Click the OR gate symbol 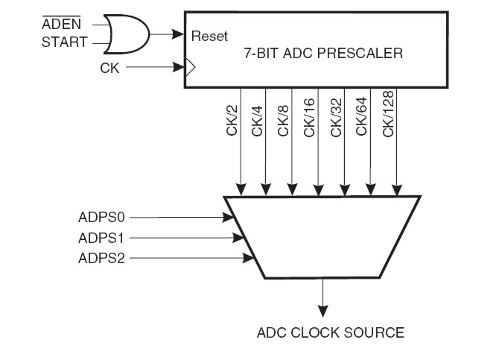click(x=127, y=33)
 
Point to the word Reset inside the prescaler click(x=209, y=35)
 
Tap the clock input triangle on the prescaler click(x=189, y=68)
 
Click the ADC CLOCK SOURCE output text click(x=330, y=332)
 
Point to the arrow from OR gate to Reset click(x=167, y=33)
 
